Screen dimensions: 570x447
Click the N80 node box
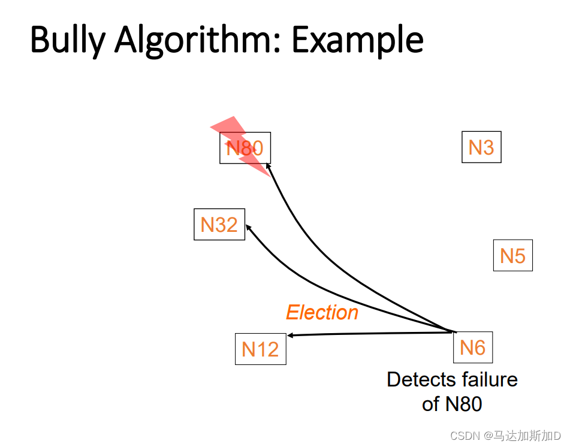click(245, 147)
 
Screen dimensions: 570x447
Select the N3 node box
click(481, 147)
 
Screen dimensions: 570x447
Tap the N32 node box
click(219, 224)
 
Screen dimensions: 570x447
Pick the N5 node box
click(512, 255)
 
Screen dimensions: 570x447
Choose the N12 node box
click(260, 349)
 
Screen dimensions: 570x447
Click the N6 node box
click(472, 347)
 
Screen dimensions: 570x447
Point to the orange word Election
click(322, 312)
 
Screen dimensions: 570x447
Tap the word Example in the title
click(357, 40)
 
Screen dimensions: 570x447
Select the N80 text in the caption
click(463, 404)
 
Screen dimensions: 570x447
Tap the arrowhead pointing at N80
click(269, 167)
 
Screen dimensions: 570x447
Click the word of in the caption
click(431, 404)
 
